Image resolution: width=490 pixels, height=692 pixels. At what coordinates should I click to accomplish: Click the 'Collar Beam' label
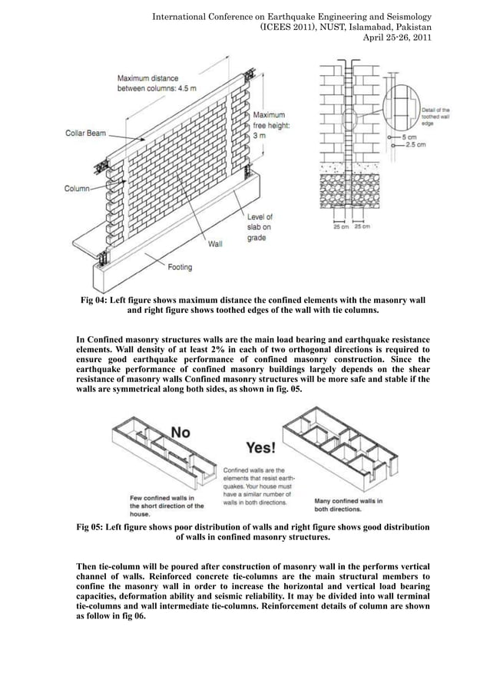pyautogui.click(x=84, y=133)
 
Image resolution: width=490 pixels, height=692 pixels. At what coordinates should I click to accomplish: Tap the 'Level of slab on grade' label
pyautogui.click(x=259, y=228)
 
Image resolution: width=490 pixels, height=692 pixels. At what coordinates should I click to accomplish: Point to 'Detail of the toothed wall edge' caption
pyautogui.click(x=435, y=117)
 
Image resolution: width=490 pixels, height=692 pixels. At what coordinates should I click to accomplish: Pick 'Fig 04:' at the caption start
pyautogui.click(x=98, y=299)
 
